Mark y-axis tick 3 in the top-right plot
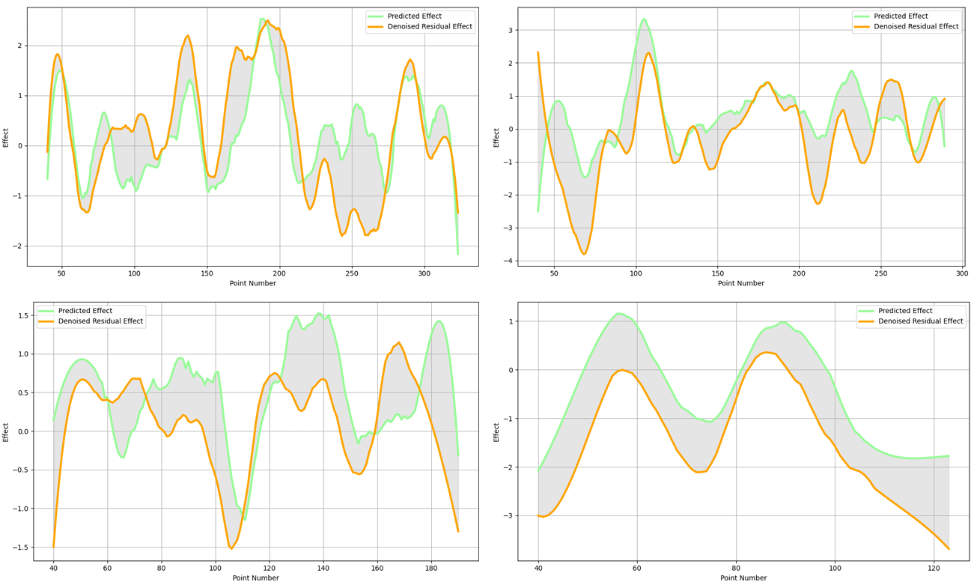point(510,30)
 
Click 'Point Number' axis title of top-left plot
point(252,283)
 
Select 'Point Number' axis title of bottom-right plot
point(743,578)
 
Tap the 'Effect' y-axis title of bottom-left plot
point(6,431)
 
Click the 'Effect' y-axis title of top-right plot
point(496,137)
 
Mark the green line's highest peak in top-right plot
point(643,19)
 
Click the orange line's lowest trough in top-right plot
point(584,254)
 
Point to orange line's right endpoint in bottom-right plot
point(949,549)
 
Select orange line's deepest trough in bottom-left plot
point(231,548)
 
